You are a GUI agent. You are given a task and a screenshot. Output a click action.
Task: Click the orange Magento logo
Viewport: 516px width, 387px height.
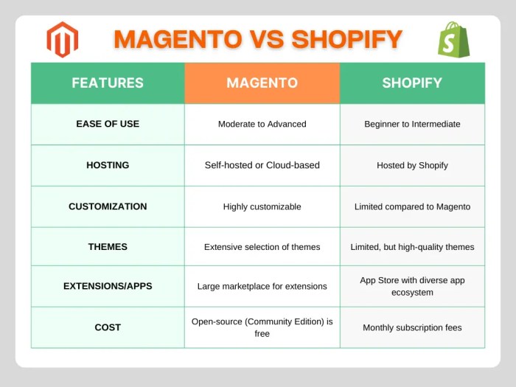pos(62,40)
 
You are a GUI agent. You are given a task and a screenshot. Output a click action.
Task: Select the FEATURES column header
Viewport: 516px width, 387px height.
pos(108,83)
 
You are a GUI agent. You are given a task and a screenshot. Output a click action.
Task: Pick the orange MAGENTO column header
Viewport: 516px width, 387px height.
pos(262,83)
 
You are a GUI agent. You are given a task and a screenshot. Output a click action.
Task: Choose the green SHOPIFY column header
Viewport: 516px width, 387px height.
pos(412,83)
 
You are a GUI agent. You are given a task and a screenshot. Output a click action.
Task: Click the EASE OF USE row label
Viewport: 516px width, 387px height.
pos(108,124)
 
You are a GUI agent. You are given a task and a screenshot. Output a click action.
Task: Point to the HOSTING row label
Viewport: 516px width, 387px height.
pos(108,165)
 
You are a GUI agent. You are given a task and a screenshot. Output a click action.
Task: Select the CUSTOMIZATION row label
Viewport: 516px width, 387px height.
pos(108,206)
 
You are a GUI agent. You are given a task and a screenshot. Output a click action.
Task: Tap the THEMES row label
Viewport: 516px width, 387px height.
pos(108,247)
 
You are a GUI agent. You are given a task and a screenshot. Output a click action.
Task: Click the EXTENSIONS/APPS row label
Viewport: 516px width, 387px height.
pos(108,286)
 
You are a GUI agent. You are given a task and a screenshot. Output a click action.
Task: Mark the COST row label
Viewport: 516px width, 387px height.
pos(108,327)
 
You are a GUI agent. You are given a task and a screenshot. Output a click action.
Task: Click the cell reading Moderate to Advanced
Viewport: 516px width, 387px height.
pos(262,124)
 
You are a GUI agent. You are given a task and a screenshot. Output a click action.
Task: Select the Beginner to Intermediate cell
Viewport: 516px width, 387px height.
pos(412,124)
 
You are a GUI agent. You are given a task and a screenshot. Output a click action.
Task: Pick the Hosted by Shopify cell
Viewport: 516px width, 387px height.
pos(412,165)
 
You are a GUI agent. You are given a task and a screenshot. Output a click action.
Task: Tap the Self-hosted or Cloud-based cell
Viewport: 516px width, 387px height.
pos(262,165)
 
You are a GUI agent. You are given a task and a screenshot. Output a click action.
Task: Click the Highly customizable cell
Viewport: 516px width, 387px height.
pos(262,206)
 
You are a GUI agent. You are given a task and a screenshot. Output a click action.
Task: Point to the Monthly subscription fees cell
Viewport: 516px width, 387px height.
pos(412,327)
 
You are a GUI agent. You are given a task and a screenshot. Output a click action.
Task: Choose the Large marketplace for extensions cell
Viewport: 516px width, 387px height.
pos(262,286)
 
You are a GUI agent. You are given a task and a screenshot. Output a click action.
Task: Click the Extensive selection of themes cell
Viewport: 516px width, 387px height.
pos(262,247)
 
